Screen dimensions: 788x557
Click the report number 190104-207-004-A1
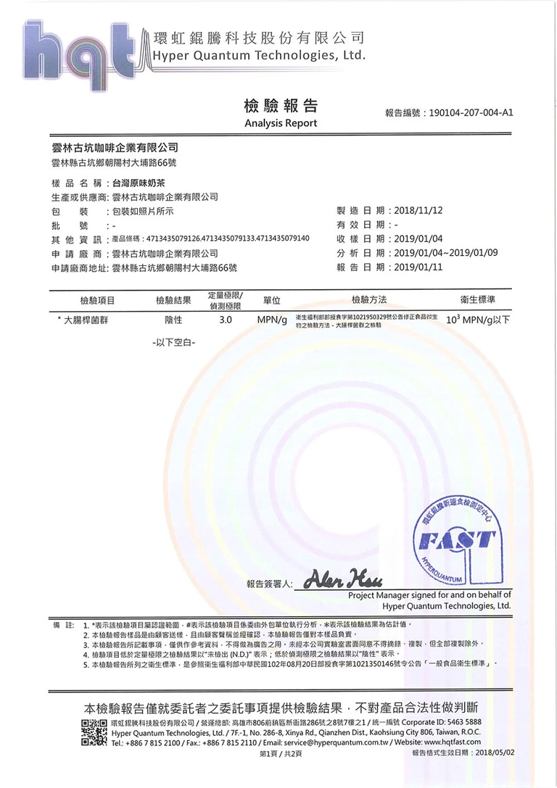coord(471,113)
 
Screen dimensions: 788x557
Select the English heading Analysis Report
coord(281,123)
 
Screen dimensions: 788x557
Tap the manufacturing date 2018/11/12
coord(418,210)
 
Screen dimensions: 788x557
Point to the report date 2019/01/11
coord(418,267)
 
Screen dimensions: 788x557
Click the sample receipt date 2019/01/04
coord(418,239)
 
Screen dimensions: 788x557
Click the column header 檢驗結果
coord(173,300)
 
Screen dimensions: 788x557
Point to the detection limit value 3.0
coord(225,319)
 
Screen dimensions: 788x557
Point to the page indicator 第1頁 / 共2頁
coord(280,754)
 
